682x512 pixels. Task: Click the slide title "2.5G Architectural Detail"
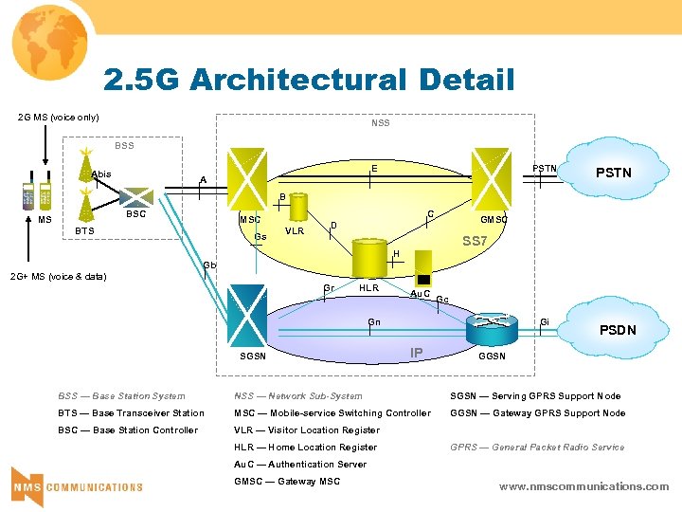pos(310,80)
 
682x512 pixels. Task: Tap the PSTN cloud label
pos(613,173)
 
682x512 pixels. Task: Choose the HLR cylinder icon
pos(366,260)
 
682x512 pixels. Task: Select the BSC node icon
pos(138,192)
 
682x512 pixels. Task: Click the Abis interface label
pos(101,174)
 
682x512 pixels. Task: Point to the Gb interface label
pos(210,265)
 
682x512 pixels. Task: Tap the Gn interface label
pos(375,322)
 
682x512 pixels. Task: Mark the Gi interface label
pos(544,322)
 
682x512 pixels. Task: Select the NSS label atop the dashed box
pos(380,123)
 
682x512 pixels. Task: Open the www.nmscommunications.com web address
pos(583,486)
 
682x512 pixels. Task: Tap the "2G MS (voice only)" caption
pos(59,118)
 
